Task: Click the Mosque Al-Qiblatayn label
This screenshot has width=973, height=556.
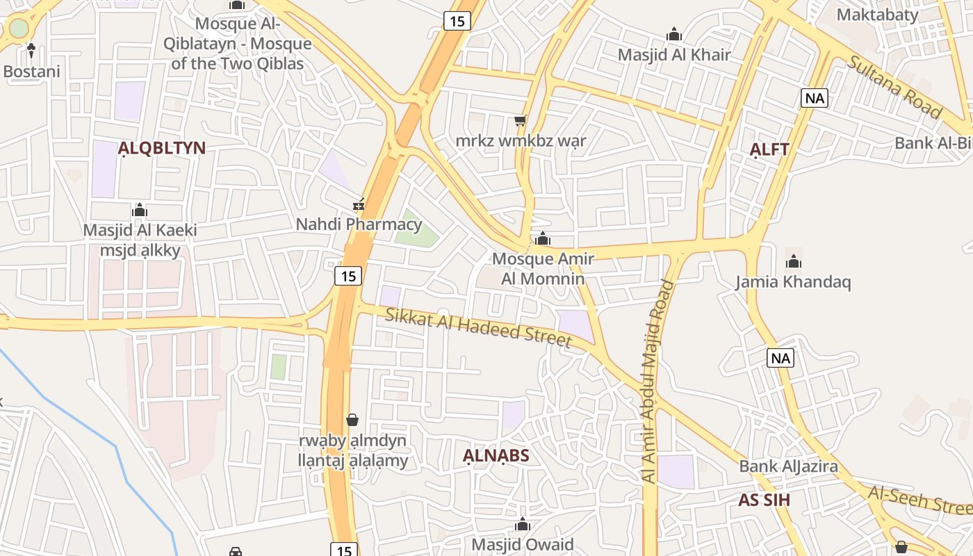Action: tap(237, 44)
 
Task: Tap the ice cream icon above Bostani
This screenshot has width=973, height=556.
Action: tap(31, 50)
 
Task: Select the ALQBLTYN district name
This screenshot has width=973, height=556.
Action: tap(161, 148)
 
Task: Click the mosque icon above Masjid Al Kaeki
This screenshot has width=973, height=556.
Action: tap(140, 210)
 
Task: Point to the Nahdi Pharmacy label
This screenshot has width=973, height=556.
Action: tap(359, 224)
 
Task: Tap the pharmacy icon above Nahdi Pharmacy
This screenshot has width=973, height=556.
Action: tap(359, 204)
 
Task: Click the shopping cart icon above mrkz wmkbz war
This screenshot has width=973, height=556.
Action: tap(521, 121)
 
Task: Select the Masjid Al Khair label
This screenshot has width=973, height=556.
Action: tap(674, 54)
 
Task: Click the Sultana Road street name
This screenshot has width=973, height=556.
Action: tap(894, 85)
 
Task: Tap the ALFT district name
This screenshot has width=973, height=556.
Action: tap(769, 149)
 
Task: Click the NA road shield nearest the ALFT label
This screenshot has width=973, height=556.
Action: tap(815, 98)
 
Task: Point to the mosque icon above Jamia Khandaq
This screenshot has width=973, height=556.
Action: tap(794, 262)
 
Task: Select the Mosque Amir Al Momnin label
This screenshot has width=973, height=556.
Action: tap(543, 268)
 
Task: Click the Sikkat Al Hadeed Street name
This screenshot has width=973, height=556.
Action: tap(478, 327)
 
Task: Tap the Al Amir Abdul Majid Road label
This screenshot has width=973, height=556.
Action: tap(657, 381)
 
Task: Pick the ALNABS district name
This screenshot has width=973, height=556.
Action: tap(496, 456)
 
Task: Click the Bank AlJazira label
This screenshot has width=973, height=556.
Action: tap(788, 466)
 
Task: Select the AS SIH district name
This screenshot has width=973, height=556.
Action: tap(764, 500)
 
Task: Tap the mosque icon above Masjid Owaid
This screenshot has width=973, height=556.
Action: tap(523, 525)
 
